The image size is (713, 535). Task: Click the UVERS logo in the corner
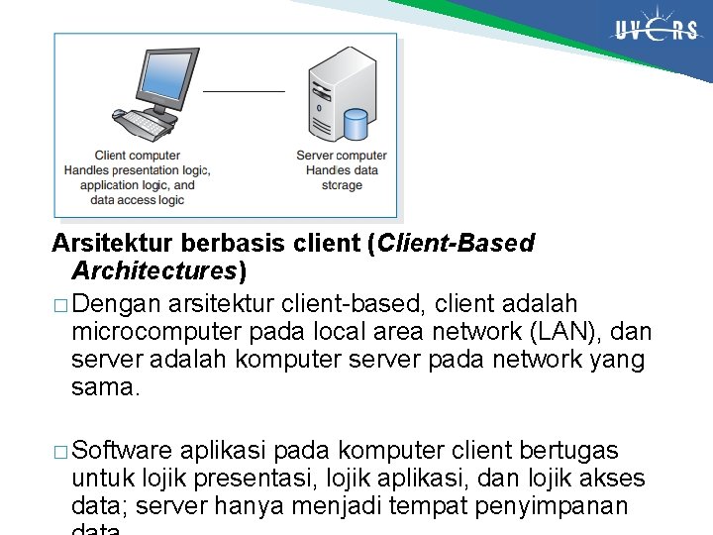coord(656,30)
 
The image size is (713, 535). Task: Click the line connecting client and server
coord(244,90)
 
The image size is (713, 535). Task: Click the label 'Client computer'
coord(138,156)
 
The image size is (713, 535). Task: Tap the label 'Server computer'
coord(342,156)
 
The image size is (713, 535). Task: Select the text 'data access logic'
coord(137,200)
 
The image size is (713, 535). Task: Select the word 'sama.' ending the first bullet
coord(106,387)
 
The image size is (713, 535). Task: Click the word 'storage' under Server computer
coord(342,185)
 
